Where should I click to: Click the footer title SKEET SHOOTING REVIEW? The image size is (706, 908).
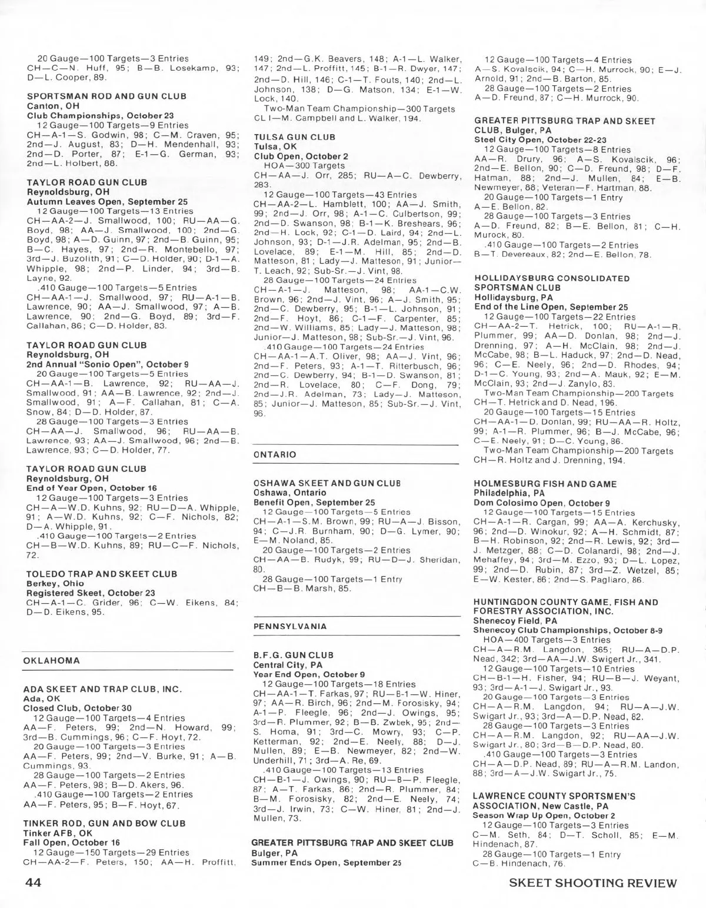click(x=593, y=883)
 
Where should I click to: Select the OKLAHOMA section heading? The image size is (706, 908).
click(x=51, y=660)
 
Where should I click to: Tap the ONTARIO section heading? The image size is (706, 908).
click(x=275, y=454)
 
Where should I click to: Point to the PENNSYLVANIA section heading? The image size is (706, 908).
click(x=290, y=626)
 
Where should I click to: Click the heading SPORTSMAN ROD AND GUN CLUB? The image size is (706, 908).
click(x=106, y=96)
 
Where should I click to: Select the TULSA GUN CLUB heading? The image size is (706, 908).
click(x=294, y=137)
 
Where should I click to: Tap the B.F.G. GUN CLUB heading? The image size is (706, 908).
click(x=293, y=655)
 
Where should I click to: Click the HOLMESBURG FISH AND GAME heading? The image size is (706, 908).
click(x=545, y=484)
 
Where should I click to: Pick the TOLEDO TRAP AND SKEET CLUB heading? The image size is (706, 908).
click(x=102, y=574)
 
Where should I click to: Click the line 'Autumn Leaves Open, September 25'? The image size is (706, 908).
click(x=107, y=202)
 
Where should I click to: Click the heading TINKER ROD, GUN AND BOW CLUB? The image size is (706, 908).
click(x=104, y=823)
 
